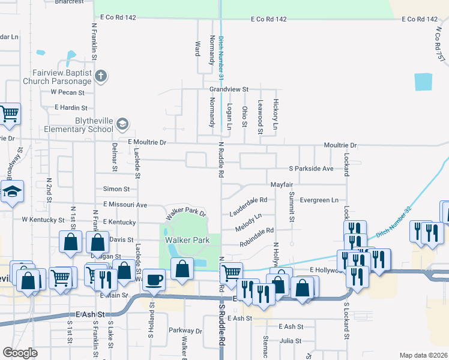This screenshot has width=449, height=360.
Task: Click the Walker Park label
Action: [187, 240]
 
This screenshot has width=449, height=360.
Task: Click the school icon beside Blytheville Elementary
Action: [122, 124]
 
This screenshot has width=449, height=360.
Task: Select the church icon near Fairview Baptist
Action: [101, 76]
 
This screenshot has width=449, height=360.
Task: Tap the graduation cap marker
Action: [11, 192]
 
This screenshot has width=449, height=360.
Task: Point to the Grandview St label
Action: [229, 89]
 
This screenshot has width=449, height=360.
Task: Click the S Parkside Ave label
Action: [310, 169]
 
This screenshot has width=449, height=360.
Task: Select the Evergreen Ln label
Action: [319, 200]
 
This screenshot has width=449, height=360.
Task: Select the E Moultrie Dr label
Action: [151, 142]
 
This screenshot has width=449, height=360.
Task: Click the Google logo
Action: [20, 353]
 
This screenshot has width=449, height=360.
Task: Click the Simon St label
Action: [116, 188]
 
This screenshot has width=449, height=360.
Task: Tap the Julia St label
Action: [290, 340]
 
